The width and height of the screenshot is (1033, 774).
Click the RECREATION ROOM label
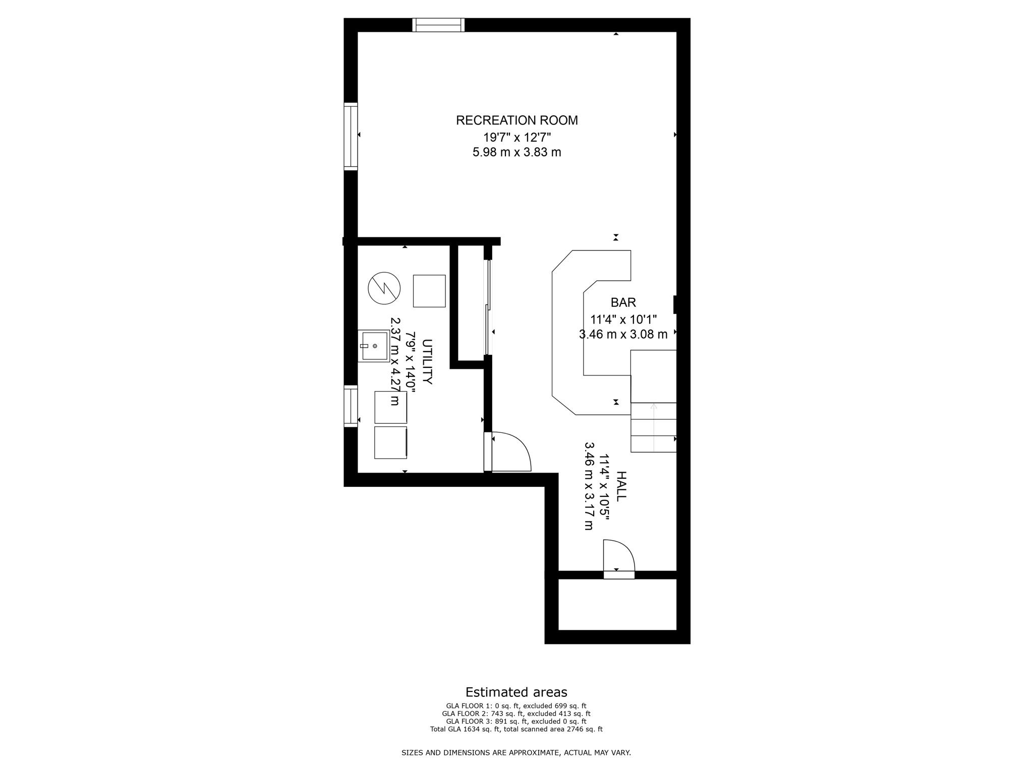tap(516, 120)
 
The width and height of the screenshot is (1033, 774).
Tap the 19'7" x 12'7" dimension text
tap(516, 137)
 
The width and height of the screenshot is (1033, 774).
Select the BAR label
tap(623, 302)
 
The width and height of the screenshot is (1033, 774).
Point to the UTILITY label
tap(427, 362)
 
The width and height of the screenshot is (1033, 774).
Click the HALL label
tap(621, 486)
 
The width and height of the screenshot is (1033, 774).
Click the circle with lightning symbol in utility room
tap(384, 288)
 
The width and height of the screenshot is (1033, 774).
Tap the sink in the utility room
tap(374, 346)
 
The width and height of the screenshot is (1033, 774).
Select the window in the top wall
tap(438, 25)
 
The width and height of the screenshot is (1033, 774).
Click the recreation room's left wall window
tap(351, 136)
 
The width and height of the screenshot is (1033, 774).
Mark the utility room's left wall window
tap(351, 406)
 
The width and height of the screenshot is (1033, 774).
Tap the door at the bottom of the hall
tap(619, 559)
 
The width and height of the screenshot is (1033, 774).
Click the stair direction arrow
tap(654, 426)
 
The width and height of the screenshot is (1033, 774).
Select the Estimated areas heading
tap(516, 692)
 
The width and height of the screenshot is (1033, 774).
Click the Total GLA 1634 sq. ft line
tap(516, 729)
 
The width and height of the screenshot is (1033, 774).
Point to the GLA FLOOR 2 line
tap(516, 714)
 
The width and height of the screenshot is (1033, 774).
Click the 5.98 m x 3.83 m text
tap(516, 152)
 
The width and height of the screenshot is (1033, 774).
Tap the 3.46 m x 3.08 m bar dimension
tap(623, 334)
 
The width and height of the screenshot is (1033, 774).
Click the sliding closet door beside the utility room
tap(487, 307)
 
